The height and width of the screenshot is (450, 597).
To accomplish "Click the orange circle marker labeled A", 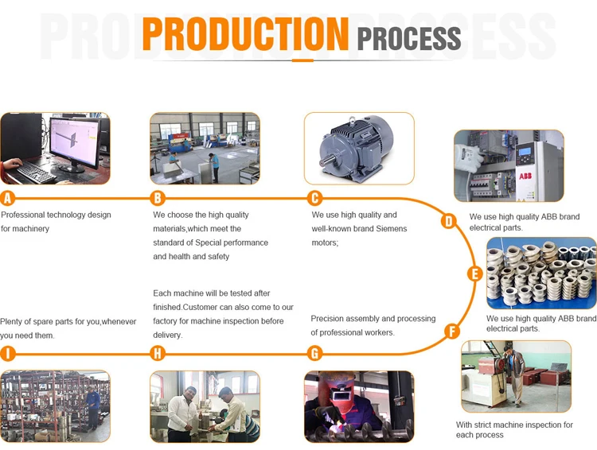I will (8, 199).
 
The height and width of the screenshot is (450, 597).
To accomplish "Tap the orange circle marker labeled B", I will (158, 199).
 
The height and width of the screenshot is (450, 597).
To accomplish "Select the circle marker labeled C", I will (315, 199).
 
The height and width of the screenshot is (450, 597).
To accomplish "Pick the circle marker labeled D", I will (448, 221).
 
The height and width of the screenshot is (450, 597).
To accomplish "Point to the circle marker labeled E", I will (475, 274).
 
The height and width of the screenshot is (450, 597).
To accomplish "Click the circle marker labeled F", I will (452, 332).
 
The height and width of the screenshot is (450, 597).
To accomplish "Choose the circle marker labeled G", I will (315, 354).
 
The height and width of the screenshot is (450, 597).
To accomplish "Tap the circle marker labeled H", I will (158, 354).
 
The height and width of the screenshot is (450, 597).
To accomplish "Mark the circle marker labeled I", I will (8, 354).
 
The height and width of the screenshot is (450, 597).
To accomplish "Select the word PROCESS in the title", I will (409, 37).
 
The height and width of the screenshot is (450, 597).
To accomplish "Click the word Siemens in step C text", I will (391, 229).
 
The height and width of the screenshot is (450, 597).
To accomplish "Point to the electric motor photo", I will (359, 148).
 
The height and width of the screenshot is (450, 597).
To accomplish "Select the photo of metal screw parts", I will (541, 273).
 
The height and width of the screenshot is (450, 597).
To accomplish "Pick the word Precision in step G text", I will (329, 319).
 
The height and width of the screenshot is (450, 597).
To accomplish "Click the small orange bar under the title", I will (302, 60).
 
